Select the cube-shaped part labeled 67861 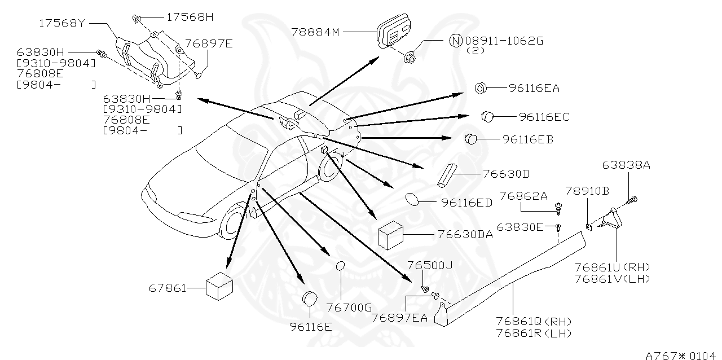[220, 287]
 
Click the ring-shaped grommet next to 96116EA [481, 87]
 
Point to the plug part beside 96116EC [487, 116]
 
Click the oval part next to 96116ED [413, 200]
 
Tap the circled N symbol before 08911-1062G [455, 41]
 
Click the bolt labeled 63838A [633, 199]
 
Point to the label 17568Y [62, 24]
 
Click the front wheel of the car [231, 224]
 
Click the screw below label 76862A [560, 208]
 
